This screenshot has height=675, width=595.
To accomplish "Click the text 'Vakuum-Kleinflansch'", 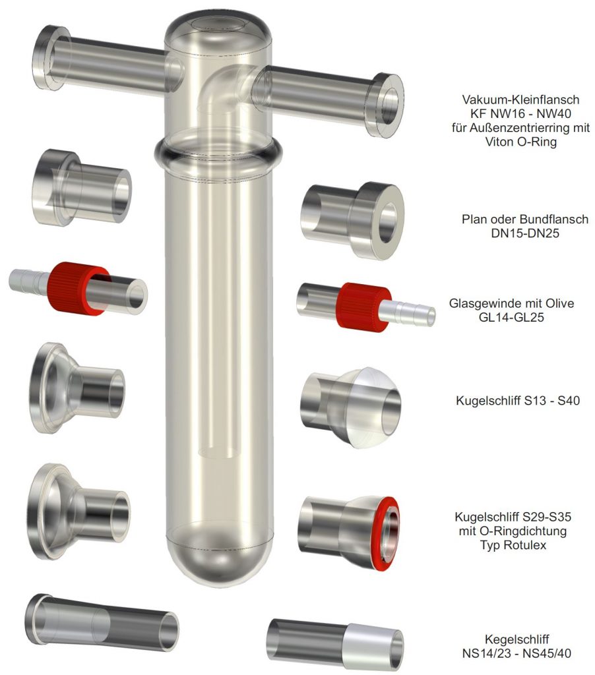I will click(520, 100).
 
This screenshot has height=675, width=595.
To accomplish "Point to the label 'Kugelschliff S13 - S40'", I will click(518, 400).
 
